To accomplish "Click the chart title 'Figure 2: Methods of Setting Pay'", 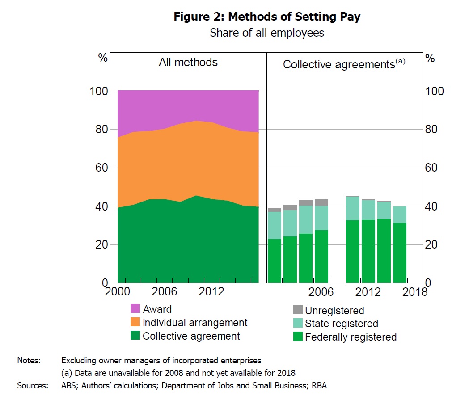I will click(267, 17).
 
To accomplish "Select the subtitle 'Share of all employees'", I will click(267, 33).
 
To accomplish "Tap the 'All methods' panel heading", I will click(188, 62).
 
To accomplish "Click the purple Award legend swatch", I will click(135, 309).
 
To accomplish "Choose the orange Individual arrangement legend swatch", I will click(135, 322).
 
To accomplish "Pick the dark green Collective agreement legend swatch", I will click(135, 336).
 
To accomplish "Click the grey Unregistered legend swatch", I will click(297, 310).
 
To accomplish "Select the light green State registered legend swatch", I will click(297, 323).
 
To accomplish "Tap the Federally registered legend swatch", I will click(297, 337).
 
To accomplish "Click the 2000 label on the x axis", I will click(117, 292).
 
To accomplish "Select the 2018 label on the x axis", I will click(415, 292).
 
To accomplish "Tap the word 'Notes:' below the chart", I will click(29, 360).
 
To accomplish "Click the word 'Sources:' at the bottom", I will click(33, 385).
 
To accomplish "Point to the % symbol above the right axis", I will click(430, 59).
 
